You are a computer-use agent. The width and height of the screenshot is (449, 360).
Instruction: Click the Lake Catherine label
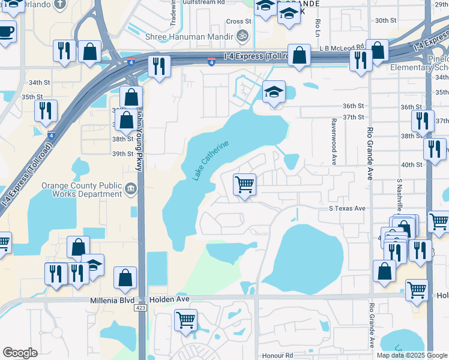pos(211,161)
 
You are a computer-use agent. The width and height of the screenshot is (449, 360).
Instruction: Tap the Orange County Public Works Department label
pos(82,190)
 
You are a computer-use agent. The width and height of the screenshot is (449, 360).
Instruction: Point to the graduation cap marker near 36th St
pos(274,93)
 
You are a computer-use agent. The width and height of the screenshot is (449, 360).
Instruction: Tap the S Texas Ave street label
pos(347,208)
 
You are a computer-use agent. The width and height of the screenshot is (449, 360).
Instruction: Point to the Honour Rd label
pos(280,355)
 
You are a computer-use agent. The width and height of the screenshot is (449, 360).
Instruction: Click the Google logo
pos(20,353)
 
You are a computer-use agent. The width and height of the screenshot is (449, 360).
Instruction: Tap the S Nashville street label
pos(399,197)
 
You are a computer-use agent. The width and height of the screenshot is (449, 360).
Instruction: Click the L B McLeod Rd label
pos(342,46)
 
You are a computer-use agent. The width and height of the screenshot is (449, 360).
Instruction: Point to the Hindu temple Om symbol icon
pos(243,36)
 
